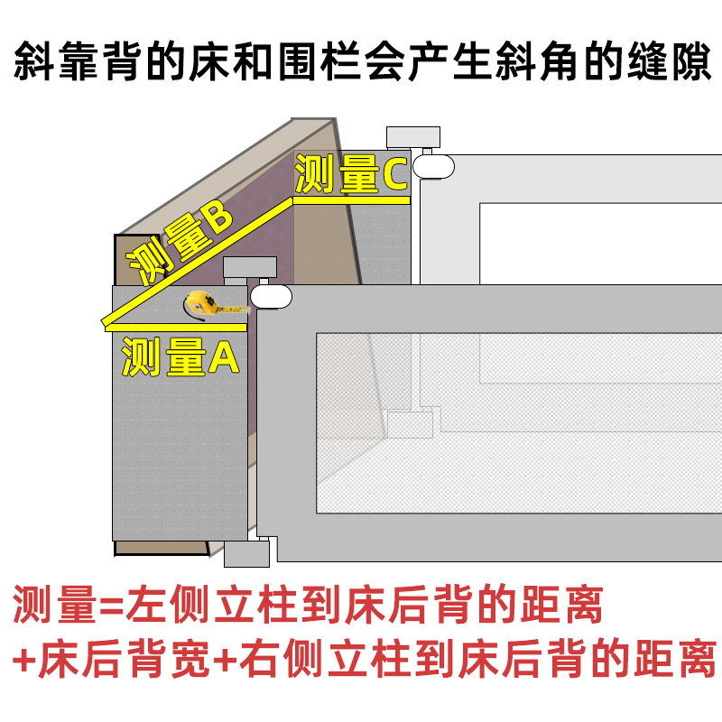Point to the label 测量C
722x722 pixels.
point(352,174)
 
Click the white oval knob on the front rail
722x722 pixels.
point(271,296)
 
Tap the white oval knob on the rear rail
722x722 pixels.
point(433,166)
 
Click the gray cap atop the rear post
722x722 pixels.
point(413,137)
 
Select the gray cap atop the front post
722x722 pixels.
point(250,268)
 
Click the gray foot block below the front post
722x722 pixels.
point(247,553)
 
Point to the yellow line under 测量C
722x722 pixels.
point(352,199)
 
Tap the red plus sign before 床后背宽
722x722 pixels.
point(26,660)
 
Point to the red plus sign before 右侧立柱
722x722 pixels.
point(228,660)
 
